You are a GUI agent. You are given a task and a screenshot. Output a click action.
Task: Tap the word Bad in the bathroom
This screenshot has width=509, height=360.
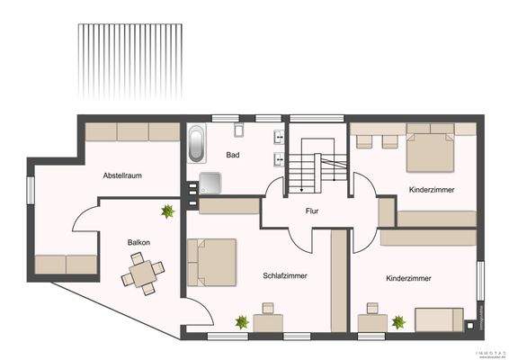(x=233, y=156)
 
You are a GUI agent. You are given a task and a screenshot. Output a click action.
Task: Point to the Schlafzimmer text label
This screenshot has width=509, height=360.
(x=286, y=275)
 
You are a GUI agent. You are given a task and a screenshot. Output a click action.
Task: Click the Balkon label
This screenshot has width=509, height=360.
(x=138, y=242)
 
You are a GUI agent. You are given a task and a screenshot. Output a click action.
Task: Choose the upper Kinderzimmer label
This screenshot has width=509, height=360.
(x=431, y=190)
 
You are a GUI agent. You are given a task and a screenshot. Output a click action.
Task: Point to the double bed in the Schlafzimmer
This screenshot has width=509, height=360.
(x=215, y=261)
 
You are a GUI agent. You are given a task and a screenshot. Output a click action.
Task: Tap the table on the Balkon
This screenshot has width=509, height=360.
(x=146, y=271)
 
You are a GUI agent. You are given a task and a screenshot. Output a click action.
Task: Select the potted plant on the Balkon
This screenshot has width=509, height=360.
(x=167, y=211)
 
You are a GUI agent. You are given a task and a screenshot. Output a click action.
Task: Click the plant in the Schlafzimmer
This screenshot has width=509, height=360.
(x=241, y=321)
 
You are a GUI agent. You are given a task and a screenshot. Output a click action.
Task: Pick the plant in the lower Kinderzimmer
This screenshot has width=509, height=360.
(x=397, y=320)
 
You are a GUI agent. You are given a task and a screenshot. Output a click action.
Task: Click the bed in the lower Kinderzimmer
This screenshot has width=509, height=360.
(x=439, y=319)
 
